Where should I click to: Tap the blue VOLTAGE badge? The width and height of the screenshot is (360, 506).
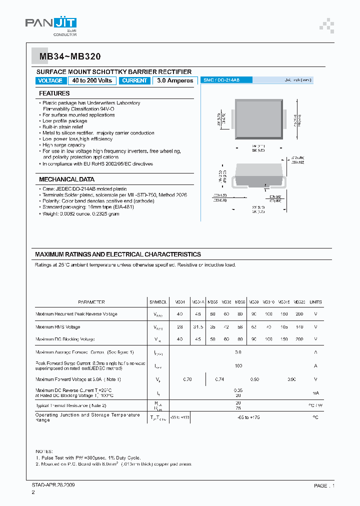coord(50,80)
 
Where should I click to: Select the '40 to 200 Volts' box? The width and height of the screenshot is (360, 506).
coord(92,80)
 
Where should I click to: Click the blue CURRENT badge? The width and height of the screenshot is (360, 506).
coord(134,80)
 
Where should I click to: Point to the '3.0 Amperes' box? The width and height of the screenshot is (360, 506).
coord(174,80)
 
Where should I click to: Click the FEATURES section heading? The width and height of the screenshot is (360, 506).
coord(54,93)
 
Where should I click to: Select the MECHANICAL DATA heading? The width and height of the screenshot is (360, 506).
coord(66,179)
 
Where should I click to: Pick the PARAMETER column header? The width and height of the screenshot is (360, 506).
coord(91,302)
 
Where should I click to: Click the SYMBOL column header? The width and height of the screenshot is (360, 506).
coord(158,302)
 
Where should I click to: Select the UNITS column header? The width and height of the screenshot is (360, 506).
coord(315,302)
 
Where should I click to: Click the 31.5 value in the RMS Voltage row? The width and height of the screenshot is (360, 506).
coord(198,327)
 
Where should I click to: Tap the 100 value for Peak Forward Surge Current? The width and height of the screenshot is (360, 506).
coord(238,366)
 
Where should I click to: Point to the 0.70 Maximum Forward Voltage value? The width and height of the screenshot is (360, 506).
coord(187,379)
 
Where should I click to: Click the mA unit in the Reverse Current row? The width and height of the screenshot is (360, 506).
coord(315,393)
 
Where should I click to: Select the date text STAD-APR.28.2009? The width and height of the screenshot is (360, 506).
coord(52,485)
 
